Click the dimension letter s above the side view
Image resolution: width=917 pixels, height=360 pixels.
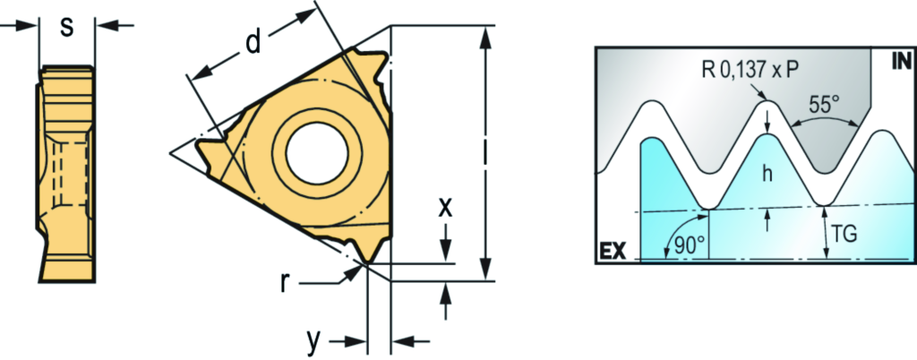click(67, 27)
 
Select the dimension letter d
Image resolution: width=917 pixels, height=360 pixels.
click(252, 43)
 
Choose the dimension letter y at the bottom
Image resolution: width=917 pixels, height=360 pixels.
click(315, 342)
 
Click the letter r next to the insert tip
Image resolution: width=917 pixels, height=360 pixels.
click(285, 283)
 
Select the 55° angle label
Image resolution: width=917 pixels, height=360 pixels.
click(824, 106)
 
